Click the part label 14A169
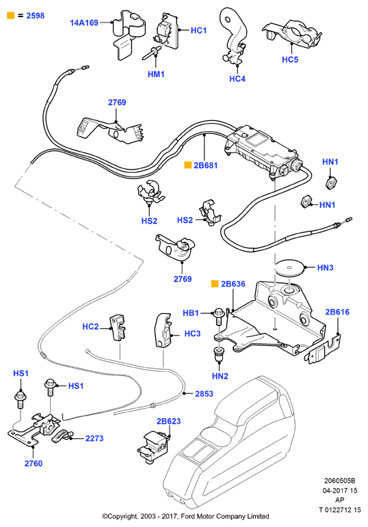coord(83,23)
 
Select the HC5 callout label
coord(290,59)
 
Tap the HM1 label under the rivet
coord(156,74)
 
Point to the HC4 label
coord(237,79)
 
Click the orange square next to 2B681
coord(187,165)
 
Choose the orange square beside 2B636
coord(215,284)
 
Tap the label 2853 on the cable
coord(205,394)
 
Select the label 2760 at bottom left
coord(34,463)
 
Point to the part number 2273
coord(94,438)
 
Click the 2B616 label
coord(337,312)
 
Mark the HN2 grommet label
coord(220,376)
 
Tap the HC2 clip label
coord(90,327)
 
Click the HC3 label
coord(192,334)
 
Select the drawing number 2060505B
coord(340,481)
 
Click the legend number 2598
coord(36,16)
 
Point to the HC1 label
coord(198,30)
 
